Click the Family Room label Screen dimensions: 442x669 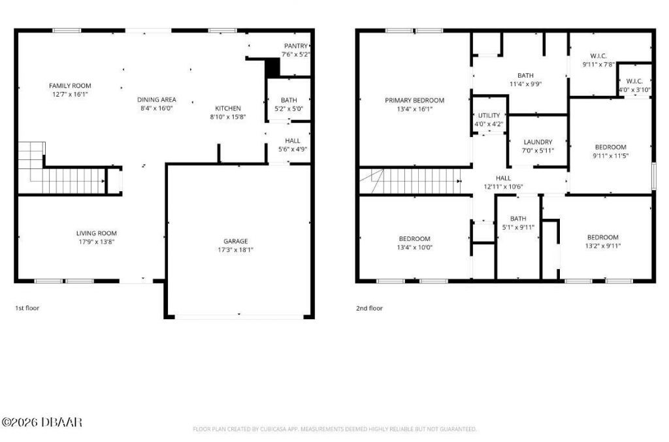point(70,86)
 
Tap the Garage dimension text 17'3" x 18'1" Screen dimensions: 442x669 point(236,249)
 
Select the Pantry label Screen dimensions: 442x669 point(295,46)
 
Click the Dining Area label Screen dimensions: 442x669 point(156,100)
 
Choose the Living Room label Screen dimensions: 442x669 point(97,233)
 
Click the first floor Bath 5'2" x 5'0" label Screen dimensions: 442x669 point(289,100)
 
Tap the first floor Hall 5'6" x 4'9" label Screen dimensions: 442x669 point(292,140)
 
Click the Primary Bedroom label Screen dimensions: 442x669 point(414,101)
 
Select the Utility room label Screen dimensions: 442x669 point(489,116)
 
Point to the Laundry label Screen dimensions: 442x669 point(538,142)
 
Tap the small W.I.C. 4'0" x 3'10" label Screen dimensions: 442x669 point(634,82)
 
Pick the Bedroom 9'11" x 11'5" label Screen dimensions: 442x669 point(610,147)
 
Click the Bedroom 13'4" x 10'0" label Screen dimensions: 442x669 point(414,238)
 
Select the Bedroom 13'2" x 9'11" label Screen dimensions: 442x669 point(602,237)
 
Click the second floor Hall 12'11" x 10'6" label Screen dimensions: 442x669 point(503,178)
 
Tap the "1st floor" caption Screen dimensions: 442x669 point(27,308)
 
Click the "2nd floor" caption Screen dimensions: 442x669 point(370,308)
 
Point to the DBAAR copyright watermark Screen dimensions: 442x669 point(42,422)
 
